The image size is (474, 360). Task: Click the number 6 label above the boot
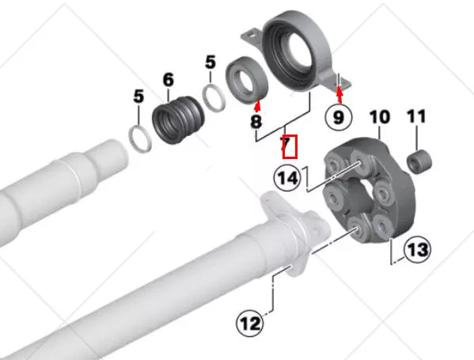tap(168, 79)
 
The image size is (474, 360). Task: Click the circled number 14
tap(289, 178)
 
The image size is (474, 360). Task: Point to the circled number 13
tap(416, 250)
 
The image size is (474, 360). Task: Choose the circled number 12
tap(250, 324)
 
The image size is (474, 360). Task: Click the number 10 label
tap(379, 118)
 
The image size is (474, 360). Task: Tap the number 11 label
tap(416, 118)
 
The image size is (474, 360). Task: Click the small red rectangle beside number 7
tap(290, 146)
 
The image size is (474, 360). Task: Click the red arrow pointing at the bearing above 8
tap(257, 105)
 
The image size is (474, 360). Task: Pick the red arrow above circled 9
tap(340, 94)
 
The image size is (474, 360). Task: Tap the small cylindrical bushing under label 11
tap(419, 161)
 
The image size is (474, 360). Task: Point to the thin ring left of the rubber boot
tap(141, 139)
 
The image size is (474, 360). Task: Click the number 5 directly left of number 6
tap(138, 97)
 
